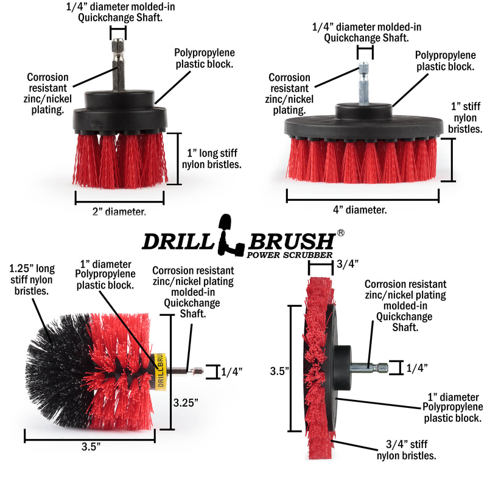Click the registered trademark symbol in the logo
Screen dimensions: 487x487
(341, 233)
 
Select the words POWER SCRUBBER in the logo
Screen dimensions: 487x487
(289, 254)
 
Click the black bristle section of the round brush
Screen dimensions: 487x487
(58, 371)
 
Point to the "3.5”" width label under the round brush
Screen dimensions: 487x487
(89, 446)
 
